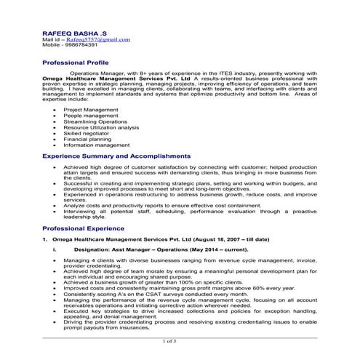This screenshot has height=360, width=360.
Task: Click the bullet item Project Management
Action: tap(91, 109)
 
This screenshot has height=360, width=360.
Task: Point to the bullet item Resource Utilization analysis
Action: tap(101, 127)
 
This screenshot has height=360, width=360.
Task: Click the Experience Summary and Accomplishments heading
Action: tap(116, 156)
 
